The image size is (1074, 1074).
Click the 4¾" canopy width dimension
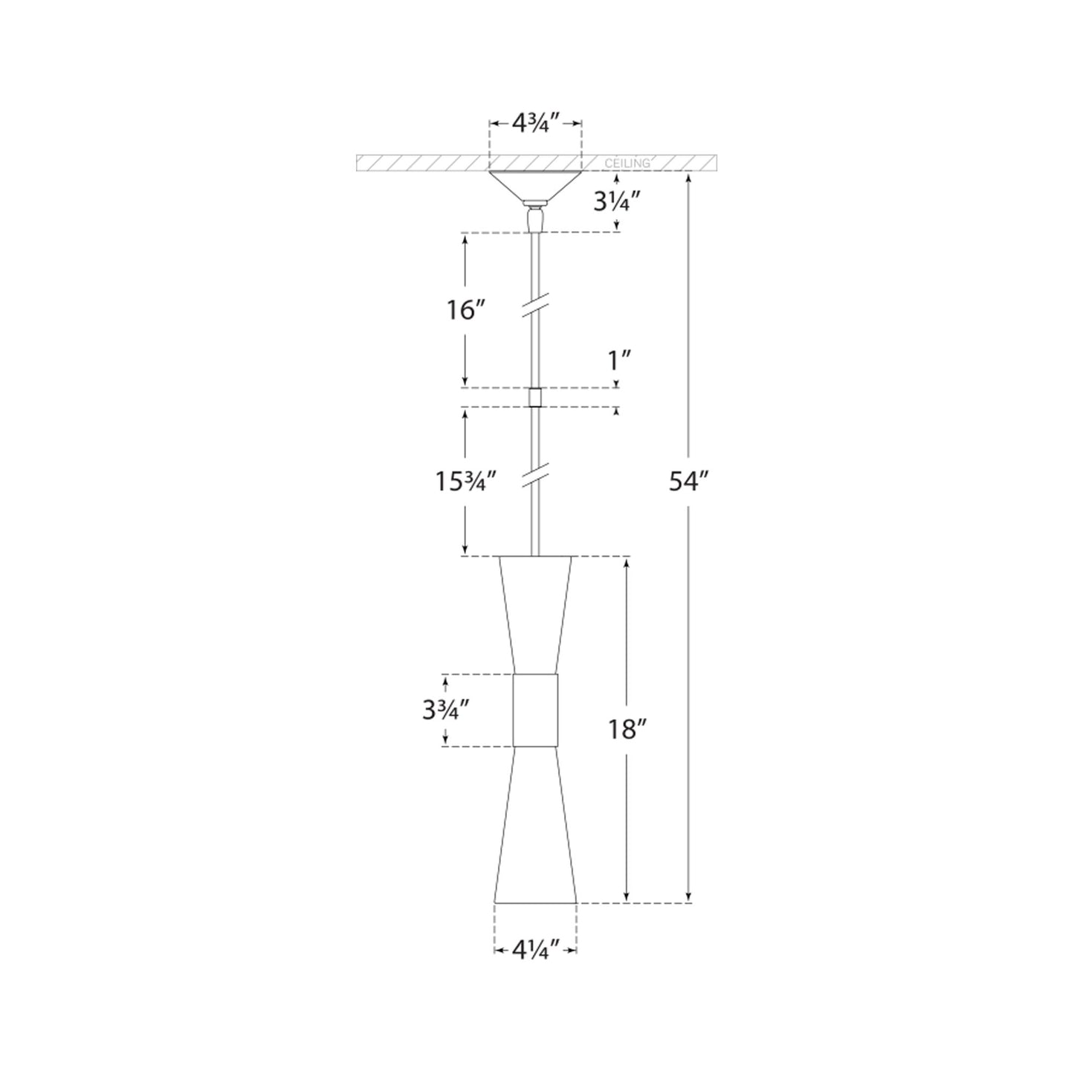[x=535, y=123]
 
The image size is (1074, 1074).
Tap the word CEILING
[x=627, y=164]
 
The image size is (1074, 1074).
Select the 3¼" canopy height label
[x=612, y=202]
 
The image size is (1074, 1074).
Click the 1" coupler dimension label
[x=618, y=362]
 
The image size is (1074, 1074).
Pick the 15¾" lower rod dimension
[x=465, y=482]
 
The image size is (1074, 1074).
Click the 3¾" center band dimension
[x=444, y=711]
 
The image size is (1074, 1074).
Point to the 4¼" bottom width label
[x=535, y=949]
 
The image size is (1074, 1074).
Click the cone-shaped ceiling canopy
[x=534, y=185]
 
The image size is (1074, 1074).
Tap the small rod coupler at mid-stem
[x=534, y=398]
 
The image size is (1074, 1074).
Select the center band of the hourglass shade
[x=535, y=710]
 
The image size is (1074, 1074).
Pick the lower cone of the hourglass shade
[x=535, y=825]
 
